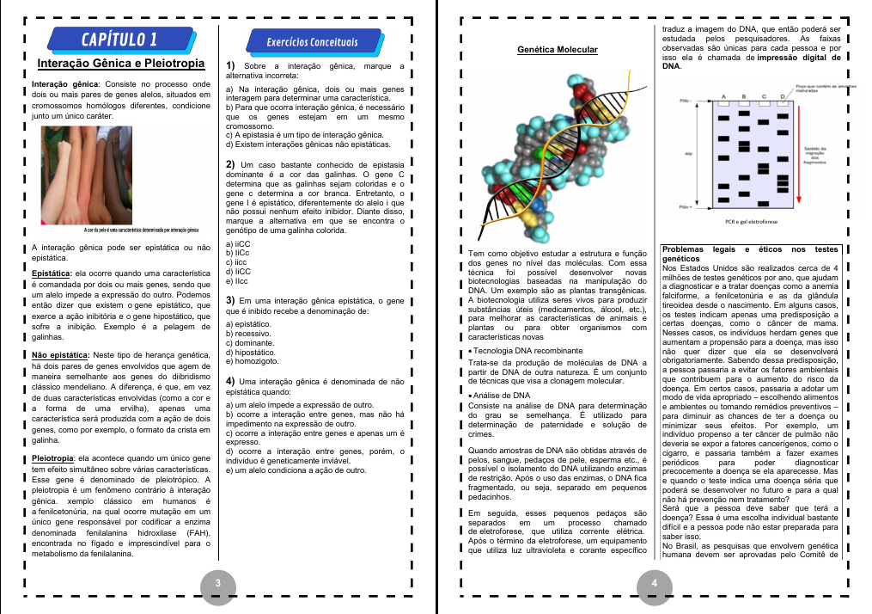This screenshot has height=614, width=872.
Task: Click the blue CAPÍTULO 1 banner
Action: tap(119, 39)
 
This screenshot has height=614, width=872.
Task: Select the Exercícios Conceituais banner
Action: tap(313, 41)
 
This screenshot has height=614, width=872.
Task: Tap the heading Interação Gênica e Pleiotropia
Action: tap(120, 64)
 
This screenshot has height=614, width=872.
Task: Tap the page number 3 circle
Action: tap(218, 584)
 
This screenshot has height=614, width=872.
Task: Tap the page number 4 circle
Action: tap(655, 584)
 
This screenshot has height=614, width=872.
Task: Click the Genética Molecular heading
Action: tap(558, 50)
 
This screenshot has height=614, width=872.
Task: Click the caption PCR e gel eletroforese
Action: tap(750, 221)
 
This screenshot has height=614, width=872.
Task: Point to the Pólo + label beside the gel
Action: tap(685, 206)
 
